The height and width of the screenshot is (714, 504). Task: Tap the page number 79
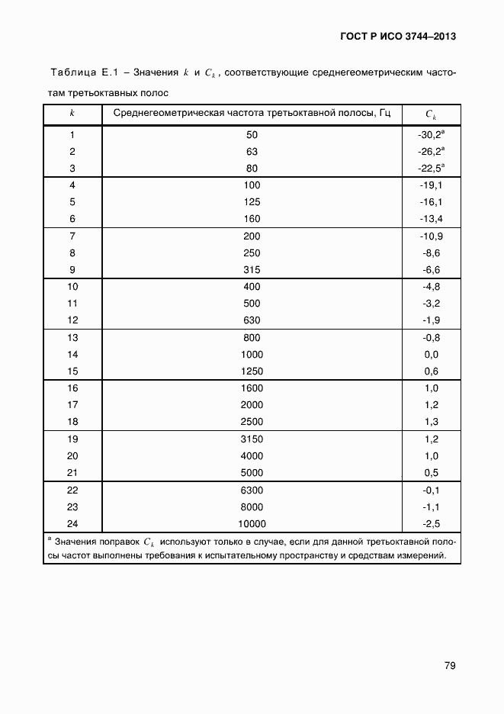coord(450,666)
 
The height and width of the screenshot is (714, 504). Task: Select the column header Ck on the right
coord(431,114)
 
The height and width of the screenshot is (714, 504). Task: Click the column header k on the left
coord(72,114)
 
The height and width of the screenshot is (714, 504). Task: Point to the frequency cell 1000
coord(252,355)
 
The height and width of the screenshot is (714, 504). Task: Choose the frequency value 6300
coord(252,490)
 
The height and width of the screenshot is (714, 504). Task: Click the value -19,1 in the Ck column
coord(431,185)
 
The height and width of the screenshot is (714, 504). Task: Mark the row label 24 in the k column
coord(72,523)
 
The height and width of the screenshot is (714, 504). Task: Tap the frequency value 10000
coord(252,523)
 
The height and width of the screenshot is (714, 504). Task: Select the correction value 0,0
coord(431,355)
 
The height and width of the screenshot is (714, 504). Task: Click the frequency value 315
coord(252,270)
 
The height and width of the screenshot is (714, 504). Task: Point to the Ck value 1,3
coord(431,422)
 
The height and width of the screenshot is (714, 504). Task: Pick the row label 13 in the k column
coord(72,338)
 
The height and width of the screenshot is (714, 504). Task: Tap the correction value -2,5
coord(431,523)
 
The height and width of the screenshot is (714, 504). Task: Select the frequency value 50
coord(252,135)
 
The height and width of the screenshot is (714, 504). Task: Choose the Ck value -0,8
coord(431,338)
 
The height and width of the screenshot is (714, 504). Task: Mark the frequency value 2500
coord(252,422)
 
